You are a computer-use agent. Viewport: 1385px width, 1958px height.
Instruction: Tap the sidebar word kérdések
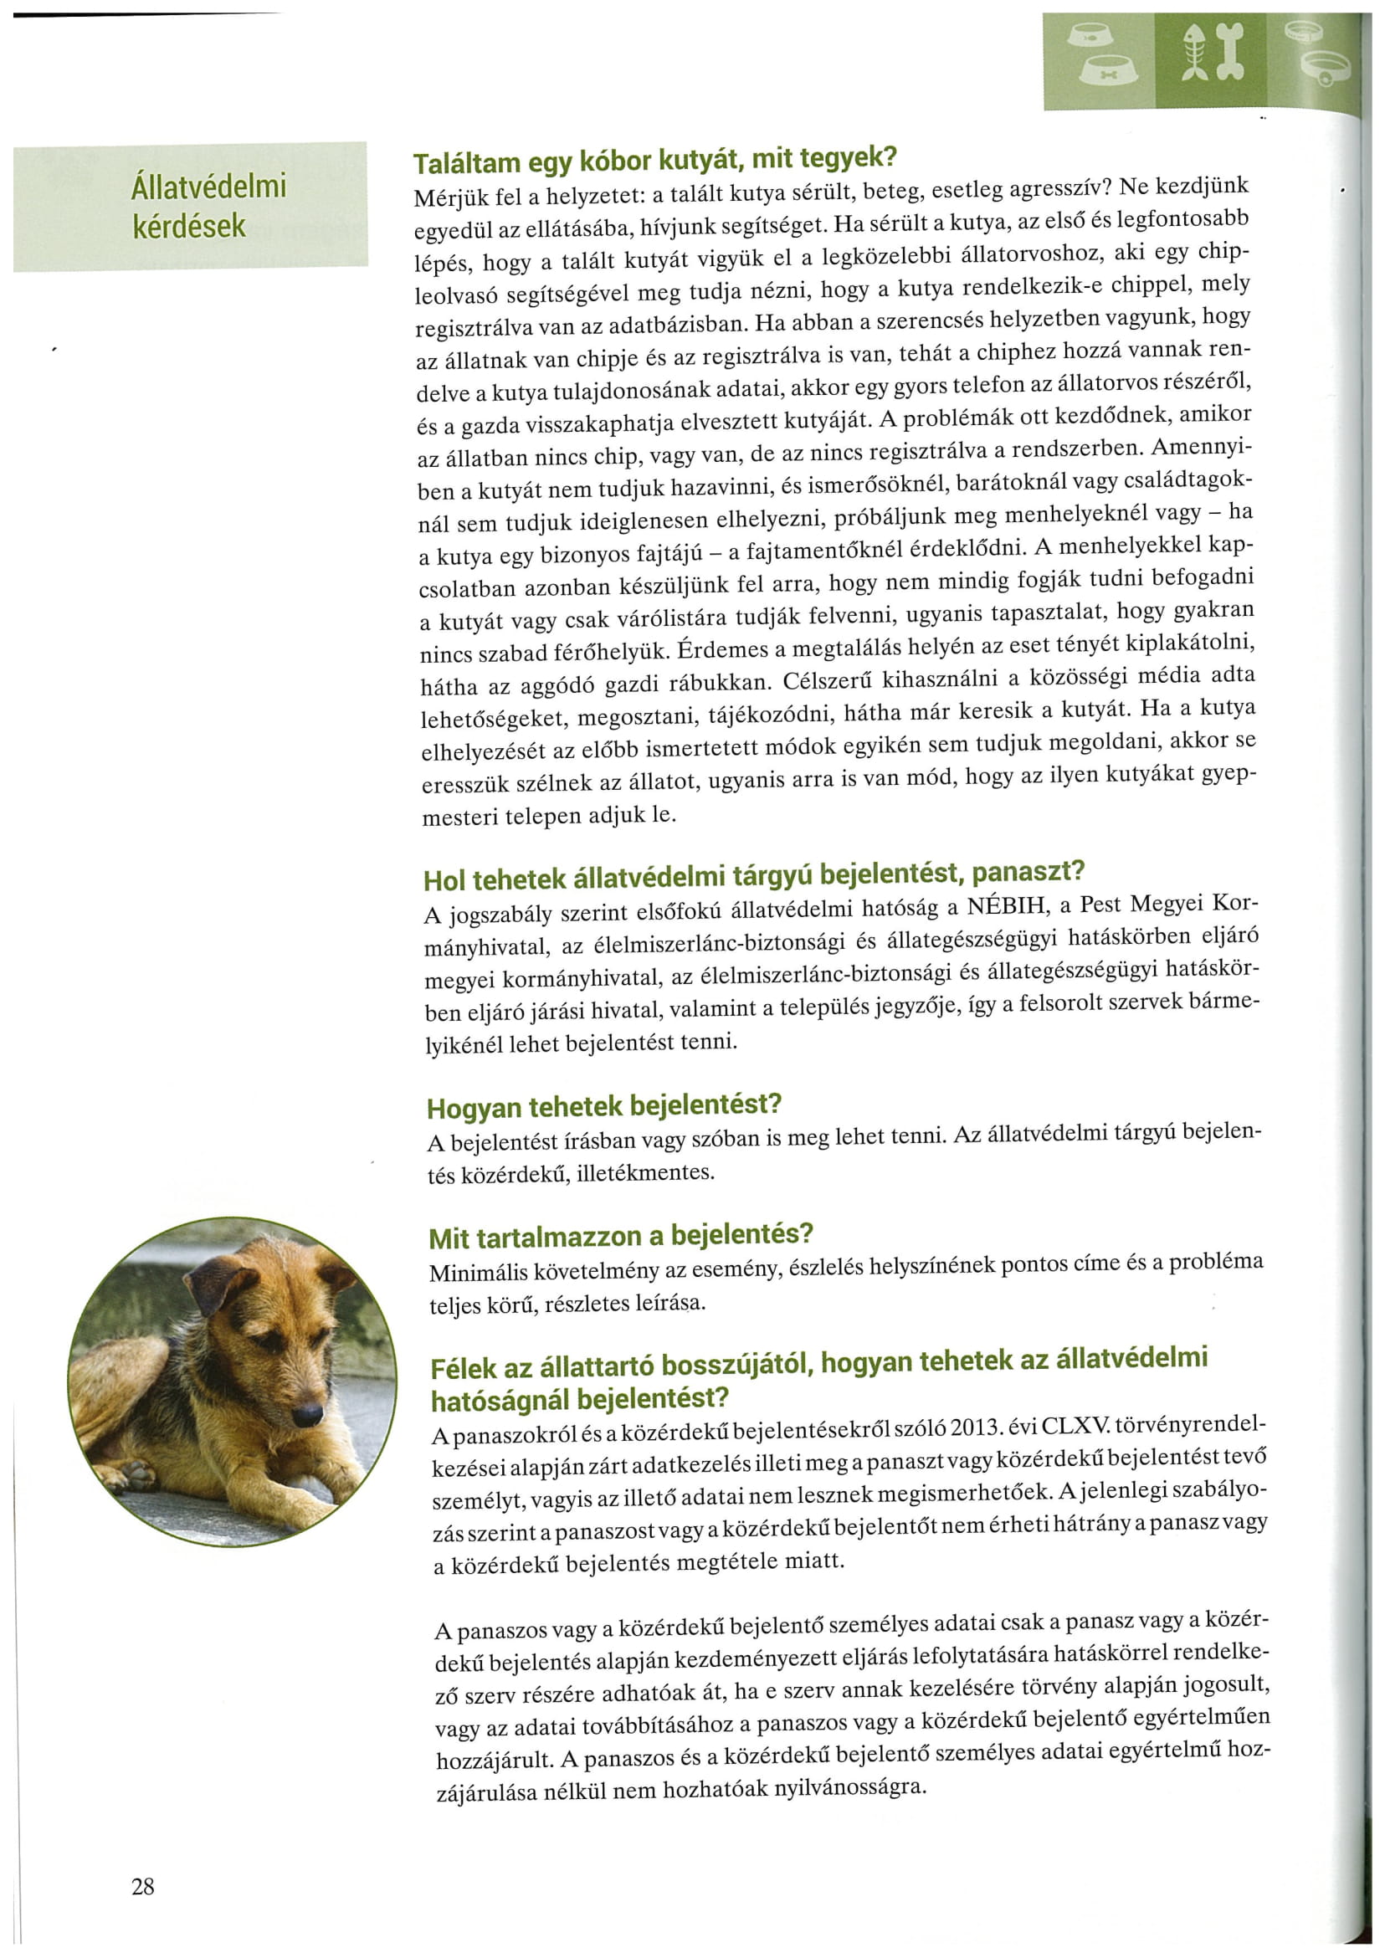click(188, 227)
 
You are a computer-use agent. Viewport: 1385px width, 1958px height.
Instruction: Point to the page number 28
click(143, 1886)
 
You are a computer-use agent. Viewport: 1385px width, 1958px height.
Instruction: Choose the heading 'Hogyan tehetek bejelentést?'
click(604, 1106)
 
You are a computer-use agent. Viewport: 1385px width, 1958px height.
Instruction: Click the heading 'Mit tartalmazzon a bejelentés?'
click(621, 1236)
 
